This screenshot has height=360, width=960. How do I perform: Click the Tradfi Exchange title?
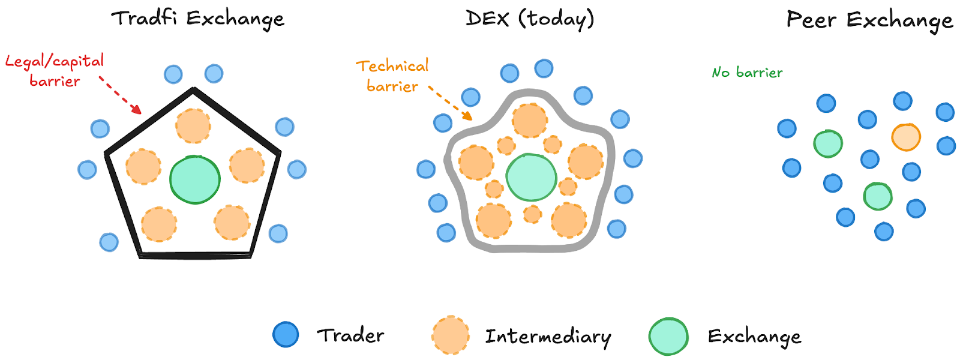(197, 19)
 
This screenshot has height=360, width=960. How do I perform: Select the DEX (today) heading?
(530, 19)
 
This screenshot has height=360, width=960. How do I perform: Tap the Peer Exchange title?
(869, 20)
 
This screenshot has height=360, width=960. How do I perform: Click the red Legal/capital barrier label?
(55, 70)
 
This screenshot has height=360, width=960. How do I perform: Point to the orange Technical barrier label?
(392, 76)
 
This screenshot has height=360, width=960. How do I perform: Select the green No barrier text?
(747, 73)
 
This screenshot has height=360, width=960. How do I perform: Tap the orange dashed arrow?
(451, 103)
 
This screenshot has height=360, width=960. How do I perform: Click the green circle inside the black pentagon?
(195, 179)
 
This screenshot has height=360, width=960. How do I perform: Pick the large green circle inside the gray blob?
(532, 177)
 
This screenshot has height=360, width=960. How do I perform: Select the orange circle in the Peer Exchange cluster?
(906, 137)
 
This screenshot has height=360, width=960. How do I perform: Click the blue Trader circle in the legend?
(286, 334)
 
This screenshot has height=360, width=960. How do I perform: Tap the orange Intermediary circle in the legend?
(450, 335)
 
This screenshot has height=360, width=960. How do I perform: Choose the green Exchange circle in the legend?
(668, 336)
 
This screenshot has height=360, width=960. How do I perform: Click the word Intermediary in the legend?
(548, 337)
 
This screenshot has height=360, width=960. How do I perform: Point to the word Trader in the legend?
(350, 335)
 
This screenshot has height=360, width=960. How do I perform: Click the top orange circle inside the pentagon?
(193, 126)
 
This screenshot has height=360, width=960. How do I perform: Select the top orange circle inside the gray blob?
(529, 121)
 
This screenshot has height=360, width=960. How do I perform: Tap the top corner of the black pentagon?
(193, 90)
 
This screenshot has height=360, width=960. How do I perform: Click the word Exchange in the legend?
(754, 337)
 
